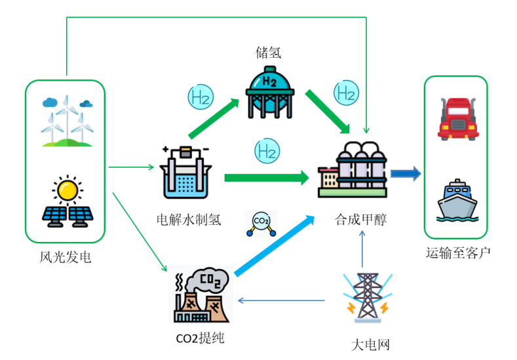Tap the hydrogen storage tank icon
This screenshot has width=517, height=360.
click(x=269, y=91)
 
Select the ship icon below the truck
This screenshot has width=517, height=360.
click(x=457, y=201)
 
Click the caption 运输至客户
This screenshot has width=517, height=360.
click(x=458, y=252)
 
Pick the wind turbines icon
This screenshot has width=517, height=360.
click(x=66, y=121)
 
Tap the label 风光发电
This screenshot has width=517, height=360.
click(x=65, y=258)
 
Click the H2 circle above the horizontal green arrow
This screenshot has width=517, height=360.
click(x=265, y=151)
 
